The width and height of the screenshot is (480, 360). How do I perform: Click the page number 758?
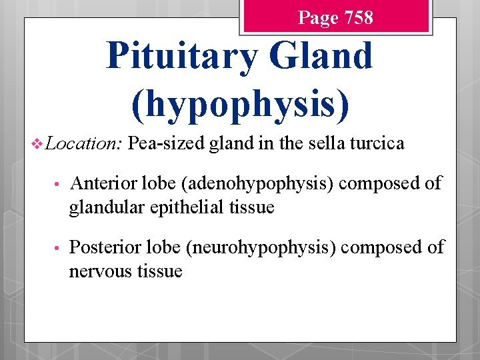tap(355, 17)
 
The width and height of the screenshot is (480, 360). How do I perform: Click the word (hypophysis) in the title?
tap(240, 102)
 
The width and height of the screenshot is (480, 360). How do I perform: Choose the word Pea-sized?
tap(166, 143)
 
